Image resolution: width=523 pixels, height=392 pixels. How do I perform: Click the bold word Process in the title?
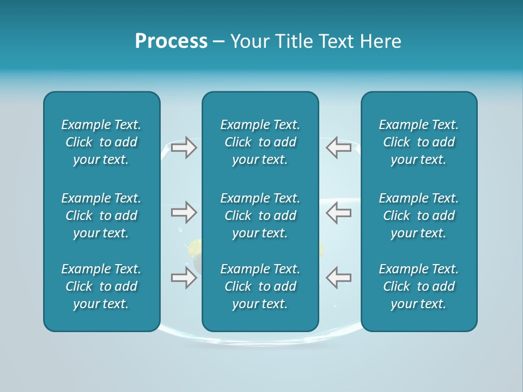(x=171, y=41)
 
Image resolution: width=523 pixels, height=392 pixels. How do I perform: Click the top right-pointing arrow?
(x=184, y=148)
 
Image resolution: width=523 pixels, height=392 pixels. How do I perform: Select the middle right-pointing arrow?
(x=184, y=212)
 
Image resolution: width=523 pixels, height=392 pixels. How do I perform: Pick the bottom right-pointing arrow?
(x=184, y=278)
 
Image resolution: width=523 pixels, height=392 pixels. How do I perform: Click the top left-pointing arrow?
(x=338, y=148)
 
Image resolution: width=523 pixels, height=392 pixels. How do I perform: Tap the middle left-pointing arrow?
(x=338, y=212)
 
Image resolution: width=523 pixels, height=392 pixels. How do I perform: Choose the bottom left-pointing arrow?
(x=338, y=278)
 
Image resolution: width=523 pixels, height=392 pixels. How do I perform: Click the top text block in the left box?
(x=101, y=142)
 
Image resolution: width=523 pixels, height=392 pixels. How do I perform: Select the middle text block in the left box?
(x=101, y=216)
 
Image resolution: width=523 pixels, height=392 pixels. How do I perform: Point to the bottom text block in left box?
(x=101, y=286)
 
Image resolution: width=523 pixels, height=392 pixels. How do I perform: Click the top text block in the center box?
(x=260, y=142)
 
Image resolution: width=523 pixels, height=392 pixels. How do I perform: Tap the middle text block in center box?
(x=260, y=216)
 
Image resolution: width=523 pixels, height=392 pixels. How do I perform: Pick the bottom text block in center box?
(x=260, y=286)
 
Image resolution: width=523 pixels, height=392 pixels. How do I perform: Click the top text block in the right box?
(x=419, y=142)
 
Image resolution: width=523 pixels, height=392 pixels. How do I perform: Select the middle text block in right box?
(x=419, y=216)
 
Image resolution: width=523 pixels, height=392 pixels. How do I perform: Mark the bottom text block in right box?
(x=419, y=286)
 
